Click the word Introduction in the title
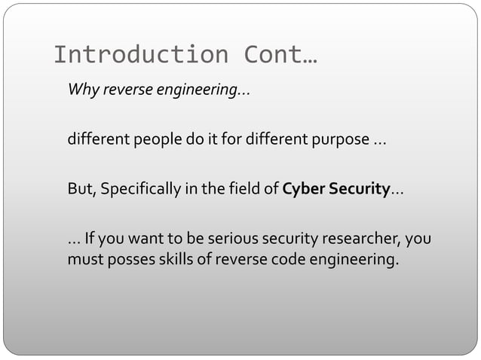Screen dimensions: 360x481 139,55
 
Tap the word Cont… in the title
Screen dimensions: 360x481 280,55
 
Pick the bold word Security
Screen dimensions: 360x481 357,188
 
